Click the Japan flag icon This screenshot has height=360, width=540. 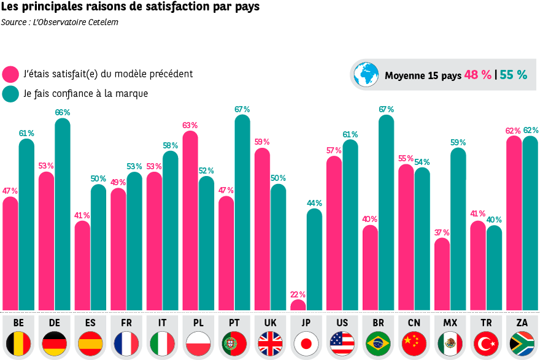coord(306,343)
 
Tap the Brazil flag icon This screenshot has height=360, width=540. coord(378,343)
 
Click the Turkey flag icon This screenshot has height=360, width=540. coord(486,343)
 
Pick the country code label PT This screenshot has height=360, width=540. coord(234,323)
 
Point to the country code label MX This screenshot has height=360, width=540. coord(450,323)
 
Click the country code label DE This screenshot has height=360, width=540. coord(54,323)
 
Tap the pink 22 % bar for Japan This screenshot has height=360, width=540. coord(298,305)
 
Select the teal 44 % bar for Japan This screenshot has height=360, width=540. coord(314,261)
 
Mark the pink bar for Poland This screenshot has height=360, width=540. coord(190,221)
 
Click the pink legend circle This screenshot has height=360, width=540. coord(10,74)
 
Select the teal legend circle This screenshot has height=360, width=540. coord(10,94)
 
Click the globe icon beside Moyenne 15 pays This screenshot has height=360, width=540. coord(367,75)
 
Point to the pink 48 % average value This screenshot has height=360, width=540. coord(477,75)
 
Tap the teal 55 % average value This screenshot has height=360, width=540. coord(514,75)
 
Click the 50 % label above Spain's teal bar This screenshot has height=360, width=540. coord(98,179)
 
